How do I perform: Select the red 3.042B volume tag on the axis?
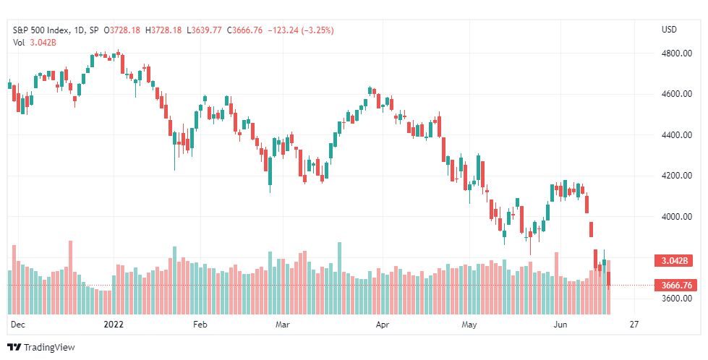672,260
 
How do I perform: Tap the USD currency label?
669,30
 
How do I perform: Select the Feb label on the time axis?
200,325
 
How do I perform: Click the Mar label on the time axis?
283,325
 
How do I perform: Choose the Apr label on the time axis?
383,325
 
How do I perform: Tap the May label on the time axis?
471,325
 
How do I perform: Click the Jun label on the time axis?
560,325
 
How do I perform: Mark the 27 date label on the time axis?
634,325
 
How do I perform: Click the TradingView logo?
41,348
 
